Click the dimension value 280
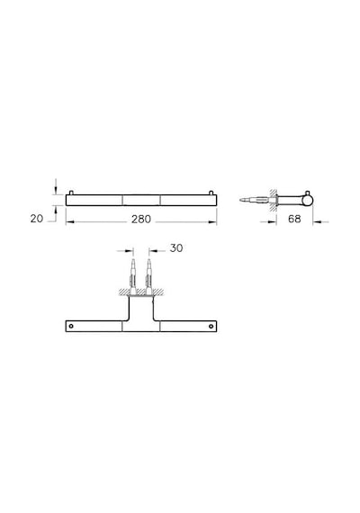click(141, 219)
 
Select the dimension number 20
click(37, 219)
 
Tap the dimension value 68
click(294, 219)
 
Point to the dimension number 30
click(176, 248)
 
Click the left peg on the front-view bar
click(71, 193)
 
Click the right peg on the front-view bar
click(211, 193)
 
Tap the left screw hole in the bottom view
click(71, 326)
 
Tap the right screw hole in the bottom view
click(211, 326)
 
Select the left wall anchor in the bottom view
click(133, 277)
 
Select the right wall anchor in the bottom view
click(148, 277)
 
